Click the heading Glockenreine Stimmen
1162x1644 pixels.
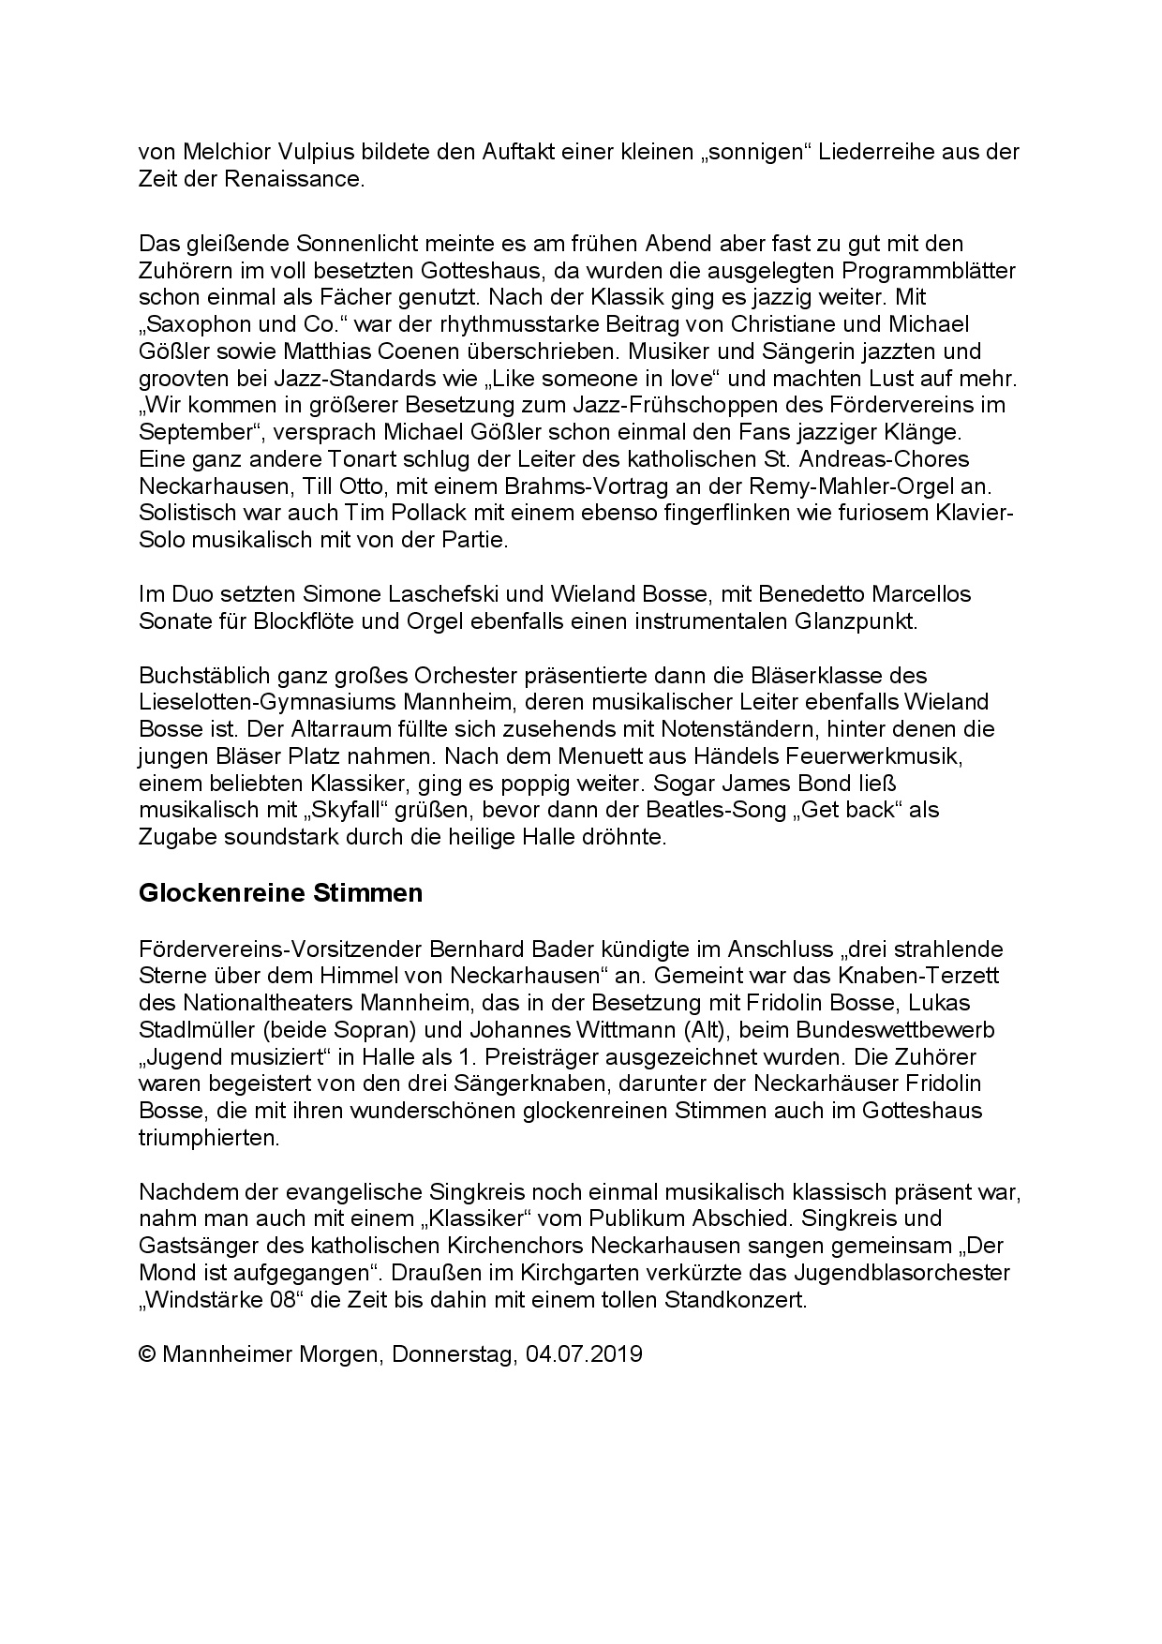tap(280, 893)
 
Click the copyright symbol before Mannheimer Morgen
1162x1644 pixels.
tap(147, 1355)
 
